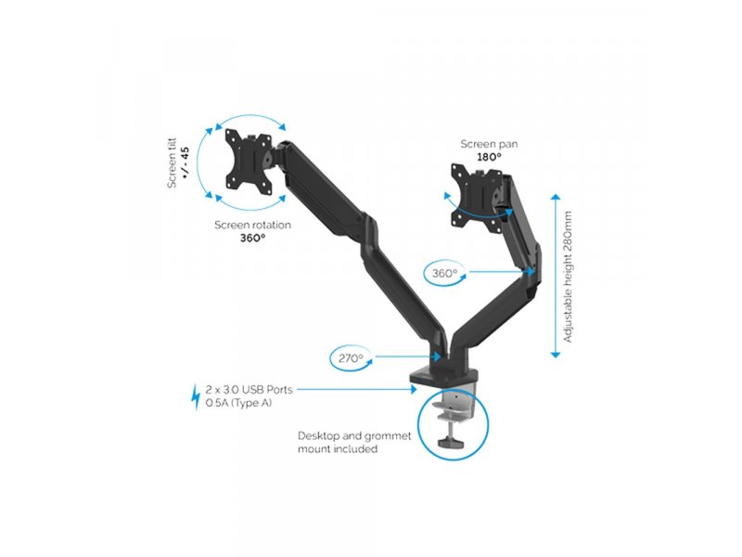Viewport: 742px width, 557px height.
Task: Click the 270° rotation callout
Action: point(351,358)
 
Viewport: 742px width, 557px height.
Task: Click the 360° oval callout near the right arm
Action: point(444,273)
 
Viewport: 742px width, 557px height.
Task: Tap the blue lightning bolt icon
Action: point(196,397)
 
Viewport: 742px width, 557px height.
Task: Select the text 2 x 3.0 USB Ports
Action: point(249,390)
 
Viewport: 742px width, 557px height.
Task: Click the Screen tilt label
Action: point(172,163)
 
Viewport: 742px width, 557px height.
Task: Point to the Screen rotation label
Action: point(252,225)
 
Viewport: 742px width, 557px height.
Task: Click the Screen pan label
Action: point(489,144)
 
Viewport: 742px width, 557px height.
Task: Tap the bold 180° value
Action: point(489,157)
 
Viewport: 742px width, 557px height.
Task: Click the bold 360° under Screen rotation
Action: point(252,238)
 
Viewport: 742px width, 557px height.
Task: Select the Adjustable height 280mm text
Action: point(568,277)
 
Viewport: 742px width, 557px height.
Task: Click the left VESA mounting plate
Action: point(249,162)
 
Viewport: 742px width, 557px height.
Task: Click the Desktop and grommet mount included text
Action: point(354,442)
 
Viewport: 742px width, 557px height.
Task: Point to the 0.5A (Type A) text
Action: point(238,403)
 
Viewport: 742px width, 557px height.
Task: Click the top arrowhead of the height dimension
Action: point(556,197)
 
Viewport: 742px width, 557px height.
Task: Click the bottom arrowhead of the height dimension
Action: point(556,355)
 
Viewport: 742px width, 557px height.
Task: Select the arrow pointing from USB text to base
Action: point(357,389)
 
